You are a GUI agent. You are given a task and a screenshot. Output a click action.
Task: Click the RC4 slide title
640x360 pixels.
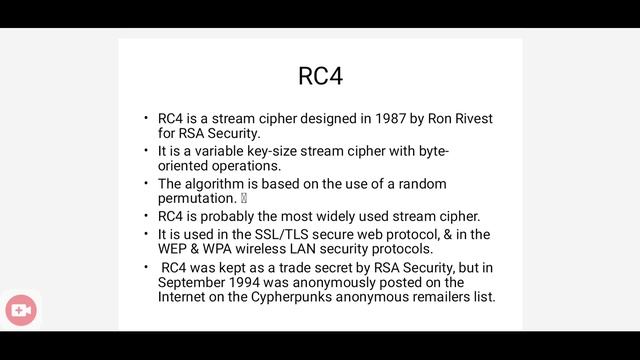click(x=320, y=76)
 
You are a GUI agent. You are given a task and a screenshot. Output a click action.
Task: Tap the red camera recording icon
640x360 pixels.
click(x=20, y=311)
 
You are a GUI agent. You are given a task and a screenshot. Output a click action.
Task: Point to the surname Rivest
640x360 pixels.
click(x=468, y=119)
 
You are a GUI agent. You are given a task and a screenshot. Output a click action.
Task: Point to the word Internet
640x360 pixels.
click(x=183, y=297)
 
